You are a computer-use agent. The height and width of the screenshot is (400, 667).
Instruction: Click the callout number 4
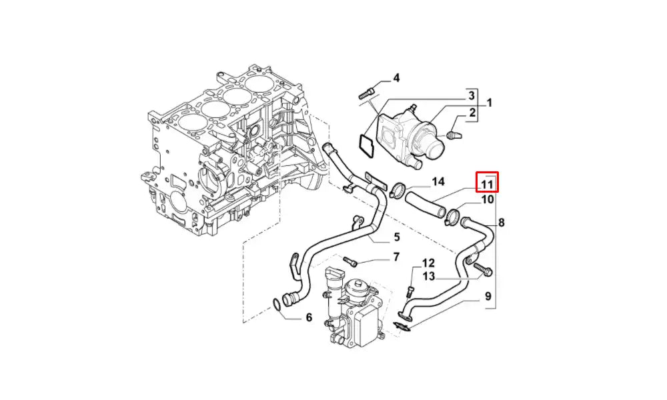tap(396, 78)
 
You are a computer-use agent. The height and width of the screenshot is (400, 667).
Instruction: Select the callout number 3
tap(470, 95)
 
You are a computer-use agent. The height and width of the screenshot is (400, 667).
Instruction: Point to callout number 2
tap(472, 113)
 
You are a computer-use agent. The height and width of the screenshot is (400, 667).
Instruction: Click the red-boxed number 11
tap(487, 183)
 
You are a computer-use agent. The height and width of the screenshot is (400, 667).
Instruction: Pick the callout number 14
tap(438, 181)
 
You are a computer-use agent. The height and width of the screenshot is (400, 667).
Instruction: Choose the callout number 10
tap(488, 199)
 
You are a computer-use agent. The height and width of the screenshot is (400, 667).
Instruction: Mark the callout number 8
tap(501, 222)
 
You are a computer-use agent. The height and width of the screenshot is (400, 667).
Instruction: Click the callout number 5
tap(396, 237)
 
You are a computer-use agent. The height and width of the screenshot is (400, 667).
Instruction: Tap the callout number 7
tap(396, 256)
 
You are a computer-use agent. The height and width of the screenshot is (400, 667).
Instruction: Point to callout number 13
tap(428, 276)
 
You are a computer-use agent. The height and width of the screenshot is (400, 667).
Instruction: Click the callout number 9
tap(488, 296)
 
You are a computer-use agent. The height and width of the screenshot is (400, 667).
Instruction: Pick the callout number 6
tap(308, 317)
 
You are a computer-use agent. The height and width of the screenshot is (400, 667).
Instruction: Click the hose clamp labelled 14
tap(398, 191)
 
